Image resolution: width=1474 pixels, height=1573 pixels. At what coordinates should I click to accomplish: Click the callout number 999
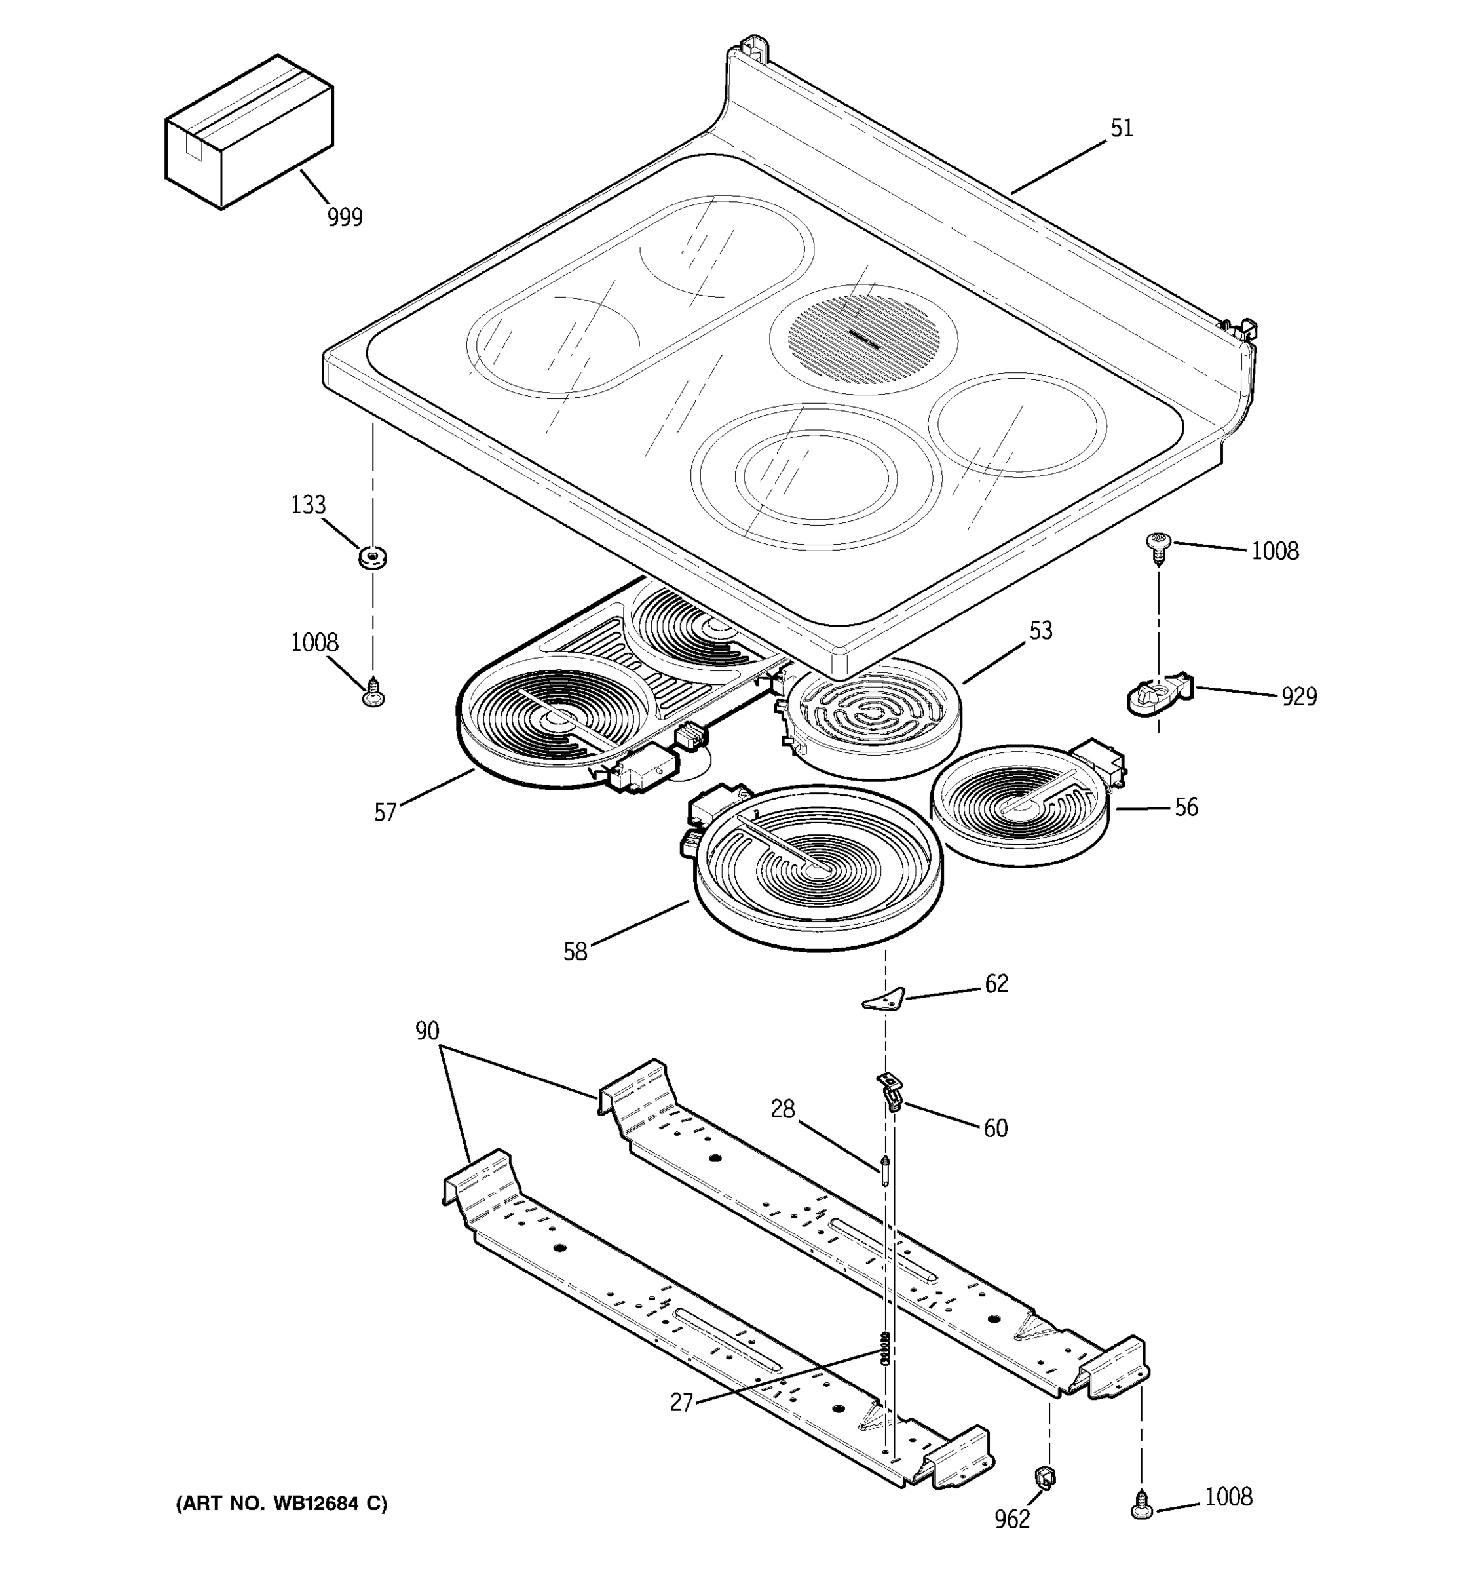(x=345, y=217)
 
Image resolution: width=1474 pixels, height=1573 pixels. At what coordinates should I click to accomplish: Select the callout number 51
(x=1122, y=128)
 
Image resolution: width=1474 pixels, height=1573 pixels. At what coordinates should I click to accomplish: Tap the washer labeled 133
(x=373, y=558)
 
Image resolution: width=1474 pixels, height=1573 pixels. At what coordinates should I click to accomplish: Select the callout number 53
(x=1041, y=631)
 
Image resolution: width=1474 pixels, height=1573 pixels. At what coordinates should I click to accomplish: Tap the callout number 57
(x=385, y=813)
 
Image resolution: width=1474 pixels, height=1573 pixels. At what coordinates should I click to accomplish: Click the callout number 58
(x=575, y=952)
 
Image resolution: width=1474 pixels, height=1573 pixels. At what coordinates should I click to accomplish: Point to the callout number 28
(x=782, y=1110)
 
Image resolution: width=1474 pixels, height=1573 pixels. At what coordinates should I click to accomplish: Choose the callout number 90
(x=427, y=1031)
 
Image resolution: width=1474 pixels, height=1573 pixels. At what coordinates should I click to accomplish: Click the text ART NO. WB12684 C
(x=282, y=1504)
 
